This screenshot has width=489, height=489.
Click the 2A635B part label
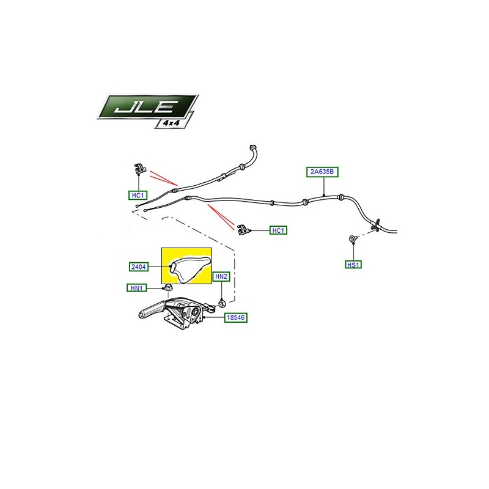click(x=322, y=172)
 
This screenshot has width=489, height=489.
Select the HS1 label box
click(x=353, y=265)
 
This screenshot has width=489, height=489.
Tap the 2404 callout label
click(x=139, y=267)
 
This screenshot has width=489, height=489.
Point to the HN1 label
click(x=136, y=288)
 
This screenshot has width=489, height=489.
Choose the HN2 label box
click(x=221, y=277)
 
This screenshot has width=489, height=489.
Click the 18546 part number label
click(x=236, y=318)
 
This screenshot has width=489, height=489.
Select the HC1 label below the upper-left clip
click(x=138, y=196)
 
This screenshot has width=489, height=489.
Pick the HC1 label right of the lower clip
click(x=278, y=230)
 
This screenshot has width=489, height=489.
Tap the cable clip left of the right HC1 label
click(x=244, y=230)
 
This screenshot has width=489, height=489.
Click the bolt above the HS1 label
click(x=353, y=239)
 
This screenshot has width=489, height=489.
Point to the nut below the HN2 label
click(x=222, y=303)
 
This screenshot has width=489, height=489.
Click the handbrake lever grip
click(x=150, y=311)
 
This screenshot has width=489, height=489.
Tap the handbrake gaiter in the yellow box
click(x=189, y=269)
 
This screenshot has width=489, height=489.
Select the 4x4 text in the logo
click(x=171, y=123)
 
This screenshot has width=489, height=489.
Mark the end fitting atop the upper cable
click(x=253, y=147)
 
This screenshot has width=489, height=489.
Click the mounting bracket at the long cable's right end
click(x=375, y=226)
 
